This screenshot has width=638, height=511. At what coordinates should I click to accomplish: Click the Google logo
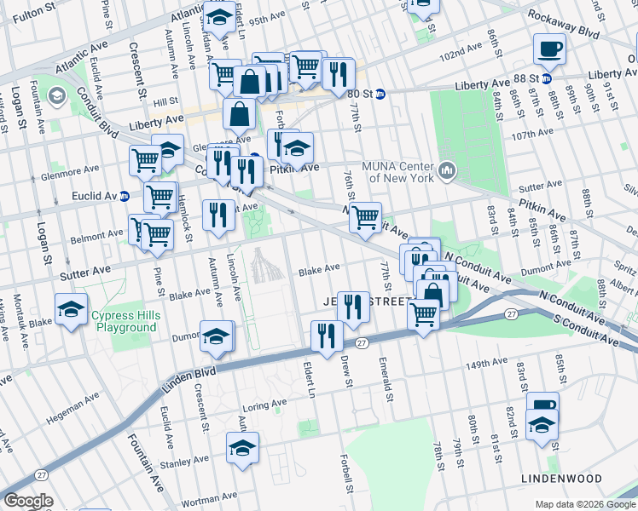tap(28, 501)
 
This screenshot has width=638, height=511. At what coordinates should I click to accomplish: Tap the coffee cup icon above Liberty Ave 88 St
tap(548, 48)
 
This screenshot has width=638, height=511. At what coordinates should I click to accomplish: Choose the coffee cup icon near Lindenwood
tap(542, 405)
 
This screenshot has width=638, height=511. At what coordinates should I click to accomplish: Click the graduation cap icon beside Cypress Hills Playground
tap(71, 307)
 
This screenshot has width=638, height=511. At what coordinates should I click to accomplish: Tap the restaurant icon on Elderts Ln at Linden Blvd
tap(327, 335)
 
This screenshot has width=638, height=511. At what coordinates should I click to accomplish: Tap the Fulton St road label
tap(31, 14)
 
